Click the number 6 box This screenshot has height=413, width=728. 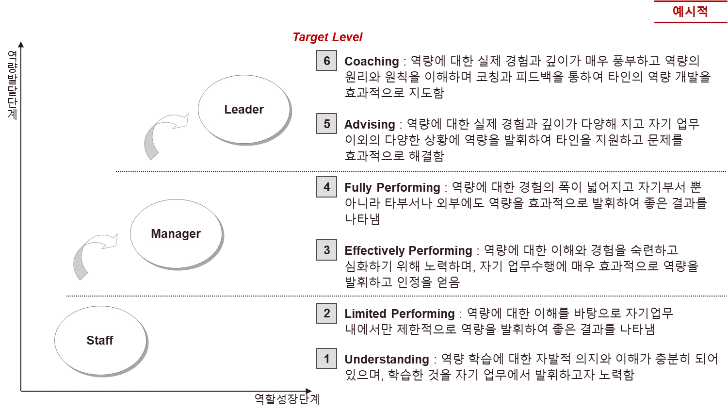tap(326, 61)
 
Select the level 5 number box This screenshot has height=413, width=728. tap(326, 124)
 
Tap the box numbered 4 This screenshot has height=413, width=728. tap(326, 187)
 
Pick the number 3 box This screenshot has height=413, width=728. tap(326, 250)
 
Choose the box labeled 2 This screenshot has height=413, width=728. tap(326, 314)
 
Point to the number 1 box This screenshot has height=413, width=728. tap(326, 359)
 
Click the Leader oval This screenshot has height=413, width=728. tap(244, 109)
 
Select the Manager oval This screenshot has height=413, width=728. tap(176, 233)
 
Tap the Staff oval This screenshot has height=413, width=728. tap(100, 340)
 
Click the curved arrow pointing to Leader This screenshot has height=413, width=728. tap(162, 133)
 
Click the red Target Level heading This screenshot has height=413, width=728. tap(327, 37)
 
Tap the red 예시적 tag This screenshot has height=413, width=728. tap(690, 11)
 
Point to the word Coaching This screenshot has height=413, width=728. tap(372, 62)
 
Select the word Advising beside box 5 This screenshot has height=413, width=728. tap(370, 124)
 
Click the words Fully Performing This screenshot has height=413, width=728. tap(393, 187)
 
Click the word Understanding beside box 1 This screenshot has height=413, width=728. tap(387, 359)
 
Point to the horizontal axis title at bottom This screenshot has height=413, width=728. tap(287, 399)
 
